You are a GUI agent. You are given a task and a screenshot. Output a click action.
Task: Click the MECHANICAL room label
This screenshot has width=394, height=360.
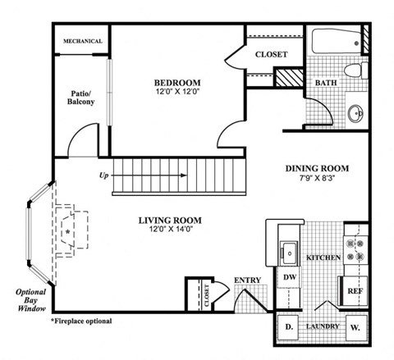click(83, 41)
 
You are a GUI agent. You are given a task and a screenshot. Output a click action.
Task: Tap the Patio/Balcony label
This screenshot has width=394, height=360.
click(82, 98)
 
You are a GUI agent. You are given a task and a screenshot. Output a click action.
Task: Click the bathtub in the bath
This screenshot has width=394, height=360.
click(334, 41)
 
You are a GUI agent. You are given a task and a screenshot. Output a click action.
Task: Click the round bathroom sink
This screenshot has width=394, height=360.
click(355, 112)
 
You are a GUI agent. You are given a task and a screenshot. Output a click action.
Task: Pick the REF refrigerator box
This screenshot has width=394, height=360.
click(355, 290)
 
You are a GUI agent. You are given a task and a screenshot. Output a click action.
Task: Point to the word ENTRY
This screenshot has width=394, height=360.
click(247, 280)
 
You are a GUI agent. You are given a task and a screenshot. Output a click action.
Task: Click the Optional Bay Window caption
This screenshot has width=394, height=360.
click(27, 302)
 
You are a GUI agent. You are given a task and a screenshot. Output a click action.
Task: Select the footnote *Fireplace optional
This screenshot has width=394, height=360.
click(82, 321)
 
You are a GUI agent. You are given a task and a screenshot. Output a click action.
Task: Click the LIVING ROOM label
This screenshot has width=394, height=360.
click(169, 220)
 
